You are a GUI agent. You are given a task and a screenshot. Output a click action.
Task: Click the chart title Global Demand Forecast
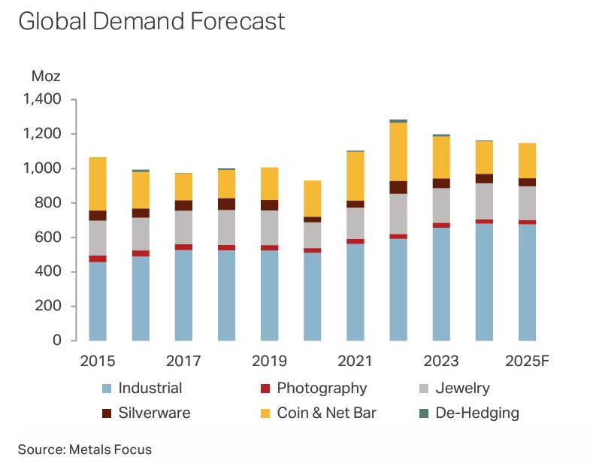point(151,21)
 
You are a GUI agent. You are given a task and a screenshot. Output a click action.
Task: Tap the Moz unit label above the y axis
point(45,76)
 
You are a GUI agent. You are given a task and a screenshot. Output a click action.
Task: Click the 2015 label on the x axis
point(97,362)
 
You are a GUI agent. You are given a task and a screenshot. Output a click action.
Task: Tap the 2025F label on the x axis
point(527,362)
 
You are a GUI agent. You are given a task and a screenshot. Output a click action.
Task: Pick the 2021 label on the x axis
point(355,362)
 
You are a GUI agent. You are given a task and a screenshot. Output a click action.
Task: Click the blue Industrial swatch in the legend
point(107,389)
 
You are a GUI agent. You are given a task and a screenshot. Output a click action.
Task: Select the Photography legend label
point(322,389)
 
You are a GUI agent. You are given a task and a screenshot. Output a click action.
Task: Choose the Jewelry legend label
point(462,389)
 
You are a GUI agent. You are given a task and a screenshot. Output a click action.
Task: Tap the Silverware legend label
point(154,413)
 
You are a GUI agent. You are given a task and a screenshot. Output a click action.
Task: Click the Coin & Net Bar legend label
point(326,413)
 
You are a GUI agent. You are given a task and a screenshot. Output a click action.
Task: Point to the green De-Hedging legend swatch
point(422,413)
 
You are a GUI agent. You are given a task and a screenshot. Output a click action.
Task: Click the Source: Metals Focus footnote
point(84,449)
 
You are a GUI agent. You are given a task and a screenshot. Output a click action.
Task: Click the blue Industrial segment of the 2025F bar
point(527,282)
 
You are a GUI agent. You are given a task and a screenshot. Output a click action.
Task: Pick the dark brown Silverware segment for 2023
point(441,183)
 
